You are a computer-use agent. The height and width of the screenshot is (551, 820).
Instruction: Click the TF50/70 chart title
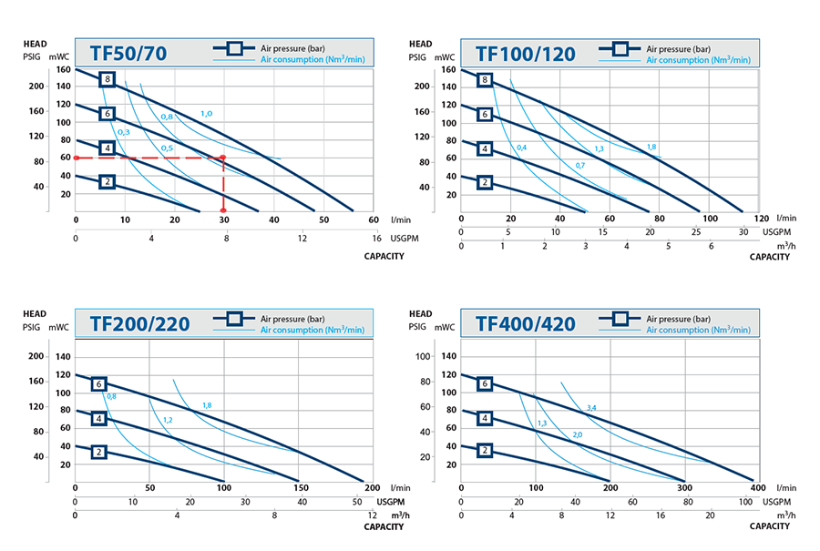pos(128,53)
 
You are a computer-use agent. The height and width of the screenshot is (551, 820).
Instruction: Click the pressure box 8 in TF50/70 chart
pos(108,79)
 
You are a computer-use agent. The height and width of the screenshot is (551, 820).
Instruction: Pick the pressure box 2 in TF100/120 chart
pos(485,182)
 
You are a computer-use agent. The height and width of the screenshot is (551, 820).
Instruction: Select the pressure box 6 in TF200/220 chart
pos(98,384)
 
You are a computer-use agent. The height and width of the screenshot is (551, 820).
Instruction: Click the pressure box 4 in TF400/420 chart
pos(485,418)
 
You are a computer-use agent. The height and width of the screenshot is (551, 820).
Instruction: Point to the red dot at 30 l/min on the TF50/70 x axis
pos(224,210)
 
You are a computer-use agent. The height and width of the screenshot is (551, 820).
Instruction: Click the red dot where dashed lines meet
pos(224,158)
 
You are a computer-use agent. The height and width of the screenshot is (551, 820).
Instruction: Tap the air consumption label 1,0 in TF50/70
pos(207,114)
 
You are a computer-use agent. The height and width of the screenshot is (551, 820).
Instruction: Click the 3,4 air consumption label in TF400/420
pos(591,407)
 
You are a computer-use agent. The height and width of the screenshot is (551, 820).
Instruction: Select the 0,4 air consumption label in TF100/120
pos(521,148)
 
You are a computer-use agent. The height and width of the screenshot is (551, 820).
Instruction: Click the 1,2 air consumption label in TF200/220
pos(168,420)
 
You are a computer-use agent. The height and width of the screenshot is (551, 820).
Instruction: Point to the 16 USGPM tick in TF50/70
pos(376,238)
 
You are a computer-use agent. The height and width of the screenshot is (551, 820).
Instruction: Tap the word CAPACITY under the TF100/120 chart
pos(770,257)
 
